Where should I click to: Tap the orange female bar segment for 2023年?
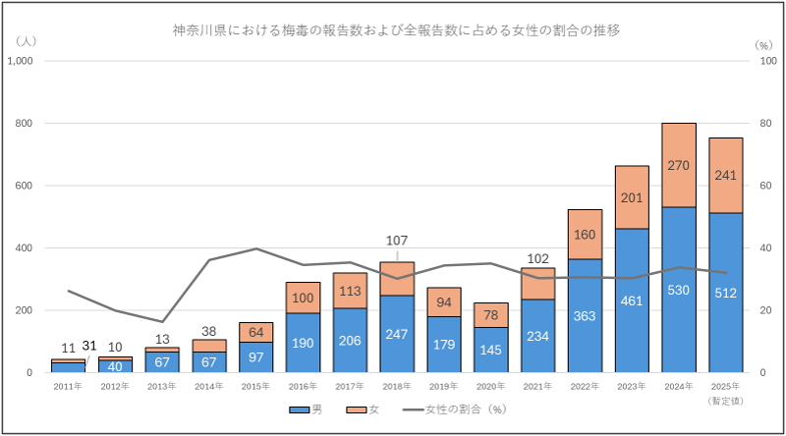[x=632, y=197]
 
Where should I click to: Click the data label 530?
[x=679, y=291]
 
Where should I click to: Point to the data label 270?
[x=679, y=166]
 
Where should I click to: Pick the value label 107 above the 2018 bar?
[x=396, y=239]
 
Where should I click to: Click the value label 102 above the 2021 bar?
[x=537, y=259]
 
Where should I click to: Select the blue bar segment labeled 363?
[x=585, y=316]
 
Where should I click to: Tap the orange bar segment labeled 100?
[x=302, y=298]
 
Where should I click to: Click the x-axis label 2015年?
[x=255, y=387]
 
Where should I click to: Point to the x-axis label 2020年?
[x=490, y=387]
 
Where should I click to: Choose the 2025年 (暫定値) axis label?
[x=726, y=393]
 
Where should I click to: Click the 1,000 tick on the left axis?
[x=21, y=61]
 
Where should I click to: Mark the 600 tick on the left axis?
[x=25, y=186]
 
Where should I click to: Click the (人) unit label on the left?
[x=27, y=42]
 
